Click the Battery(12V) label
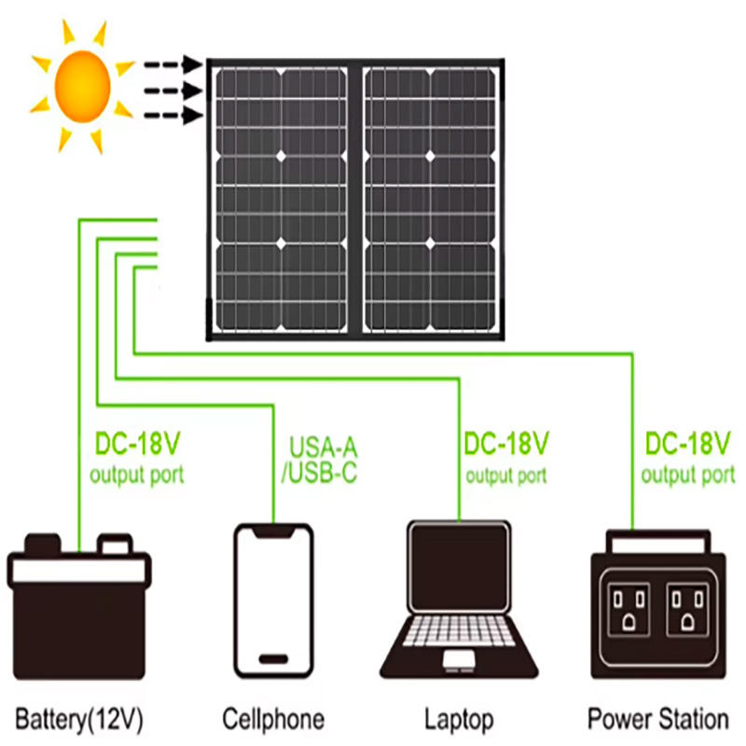[78, 720]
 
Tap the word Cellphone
[273, 720]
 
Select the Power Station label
[658, 720]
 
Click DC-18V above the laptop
[506, 441]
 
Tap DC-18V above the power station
[689, 441]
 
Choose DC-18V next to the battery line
[138, 441]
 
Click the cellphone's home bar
[273, 656]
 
